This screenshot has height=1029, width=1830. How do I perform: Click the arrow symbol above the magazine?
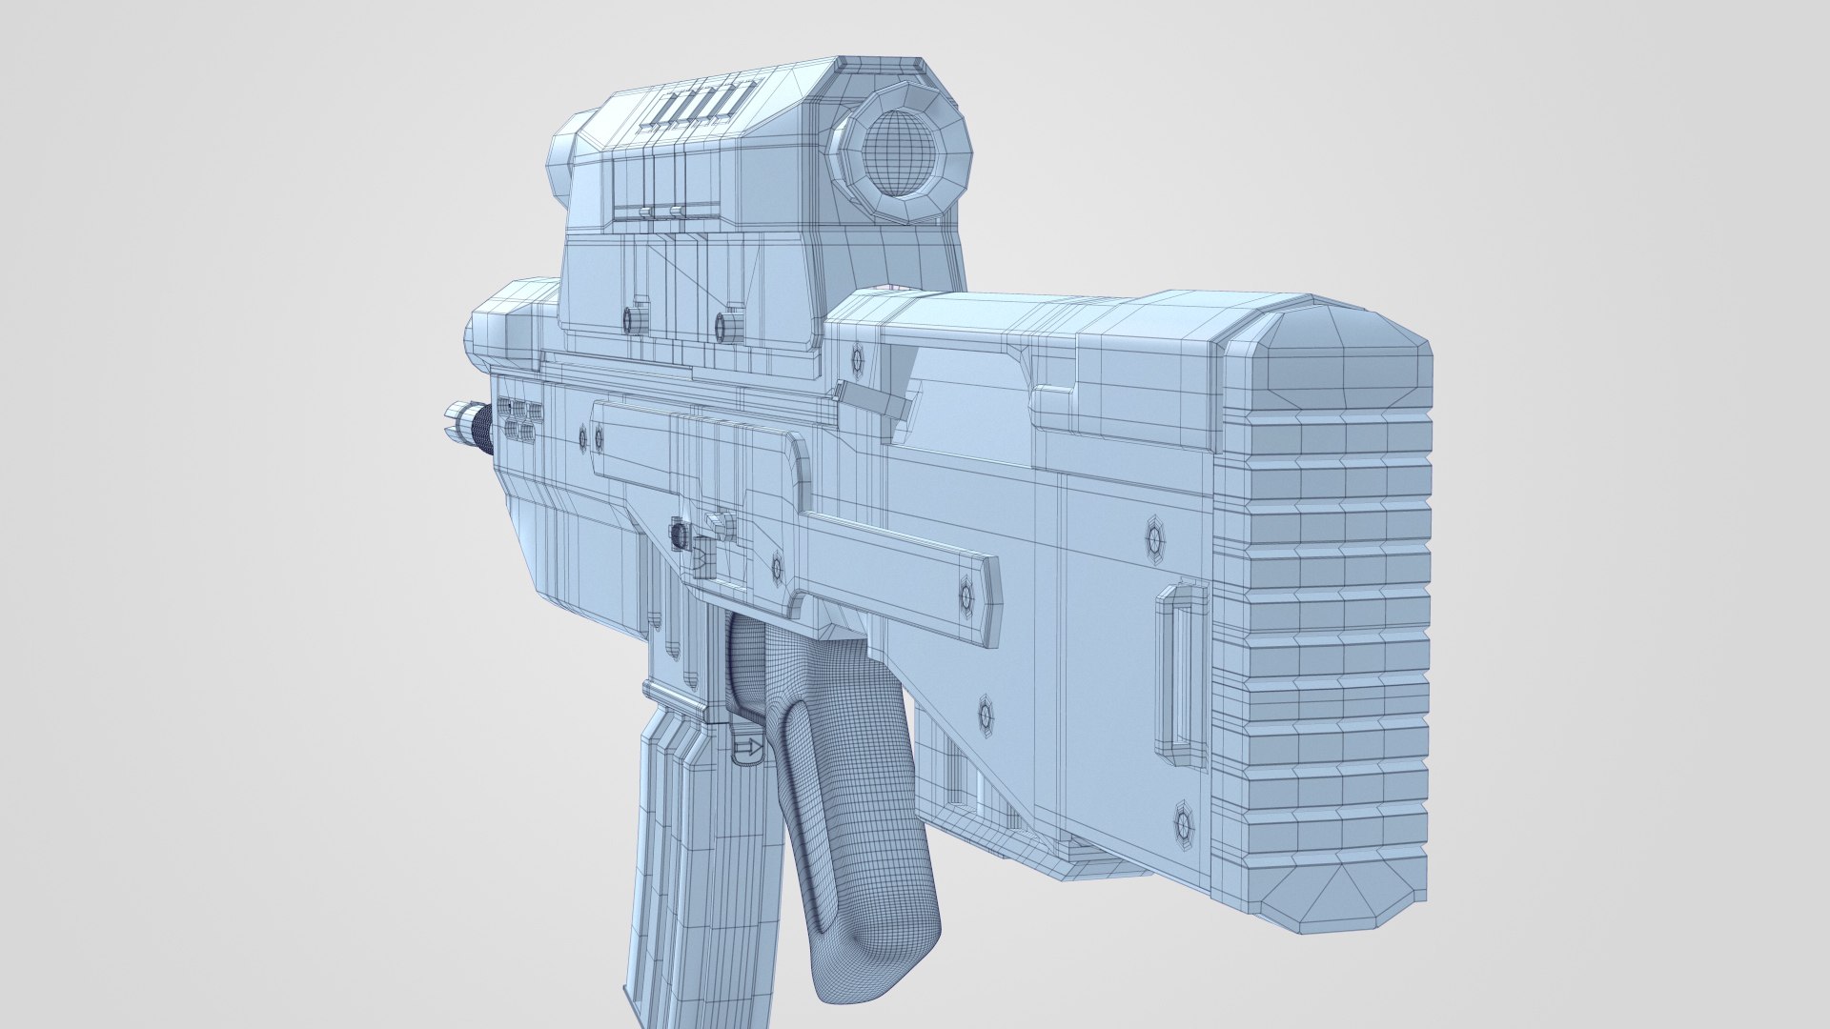(749, 750)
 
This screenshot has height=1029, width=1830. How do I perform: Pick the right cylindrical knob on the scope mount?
(728, 325)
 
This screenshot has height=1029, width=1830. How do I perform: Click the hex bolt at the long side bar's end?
(966, 596)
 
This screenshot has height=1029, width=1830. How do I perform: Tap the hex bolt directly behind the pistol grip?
(986, 713)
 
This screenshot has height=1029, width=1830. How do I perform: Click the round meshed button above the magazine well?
(679, 534)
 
